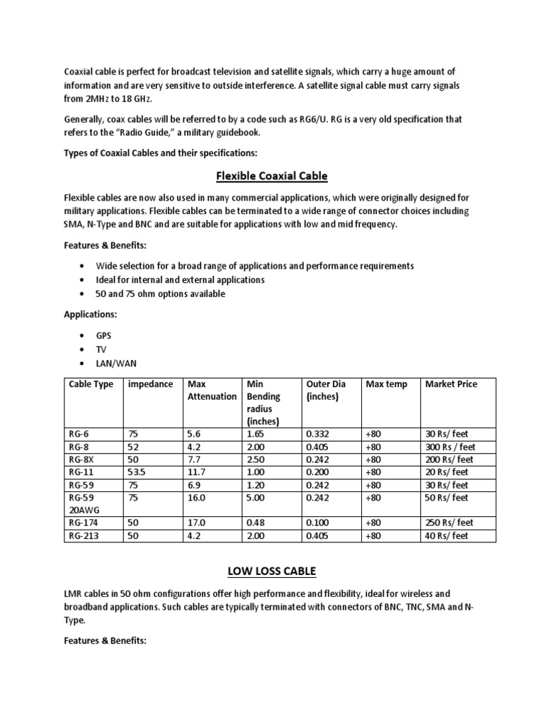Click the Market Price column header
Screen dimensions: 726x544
(x=450, y=384)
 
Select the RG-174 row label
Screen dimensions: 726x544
(x=84, y=523)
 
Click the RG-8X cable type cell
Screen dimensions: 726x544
(x=81, y=459)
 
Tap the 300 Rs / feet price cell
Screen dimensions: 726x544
(x=450, y=447)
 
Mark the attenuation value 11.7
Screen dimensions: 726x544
(x=196, y=472)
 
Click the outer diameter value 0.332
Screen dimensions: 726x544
(x=317, y=434)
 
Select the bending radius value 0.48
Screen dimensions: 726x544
(x=255, y=523)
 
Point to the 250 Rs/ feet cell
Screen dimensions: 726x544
(x=448, y=523)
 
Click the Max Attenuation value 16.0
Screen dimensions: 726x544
(x=196, y=498)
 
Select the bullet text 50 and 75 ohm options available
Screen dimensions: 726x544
(x=161, y=294)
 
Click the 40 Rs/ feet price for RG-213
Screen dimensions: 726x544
(x=446, y=536)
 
